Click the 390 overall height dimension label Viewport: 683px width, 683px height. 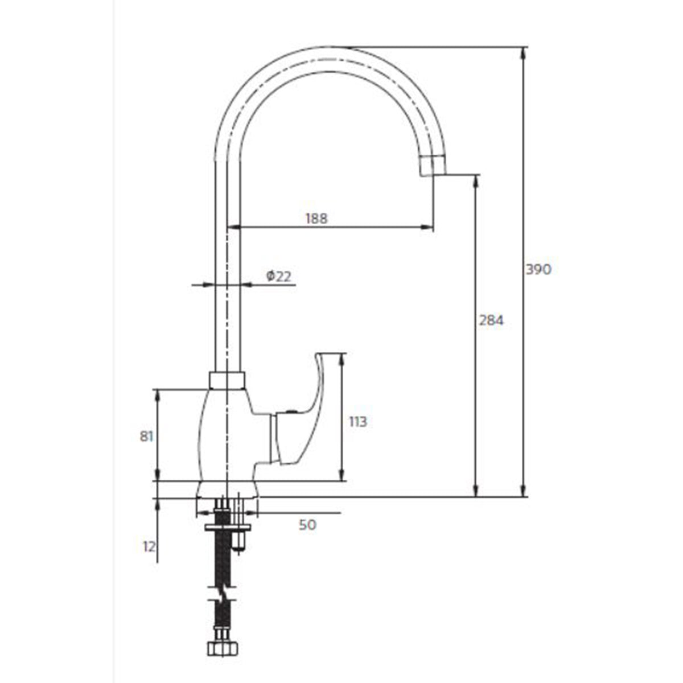538,270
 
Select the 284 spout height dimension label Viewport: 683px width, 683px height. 491,321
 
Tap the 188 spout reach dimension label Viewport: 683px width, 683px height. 316,218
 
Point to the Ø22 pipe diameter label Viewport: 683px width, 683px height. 278,276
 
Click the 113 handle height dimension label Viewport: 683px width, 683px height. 357,422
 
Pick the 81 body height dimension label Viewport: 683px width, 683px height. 147,436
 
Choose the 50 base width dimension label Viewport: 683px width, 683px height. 307,525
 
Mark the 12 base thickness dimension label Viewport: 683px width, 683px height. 149,546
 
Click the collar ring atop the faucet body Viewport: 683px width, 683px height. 227,380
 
